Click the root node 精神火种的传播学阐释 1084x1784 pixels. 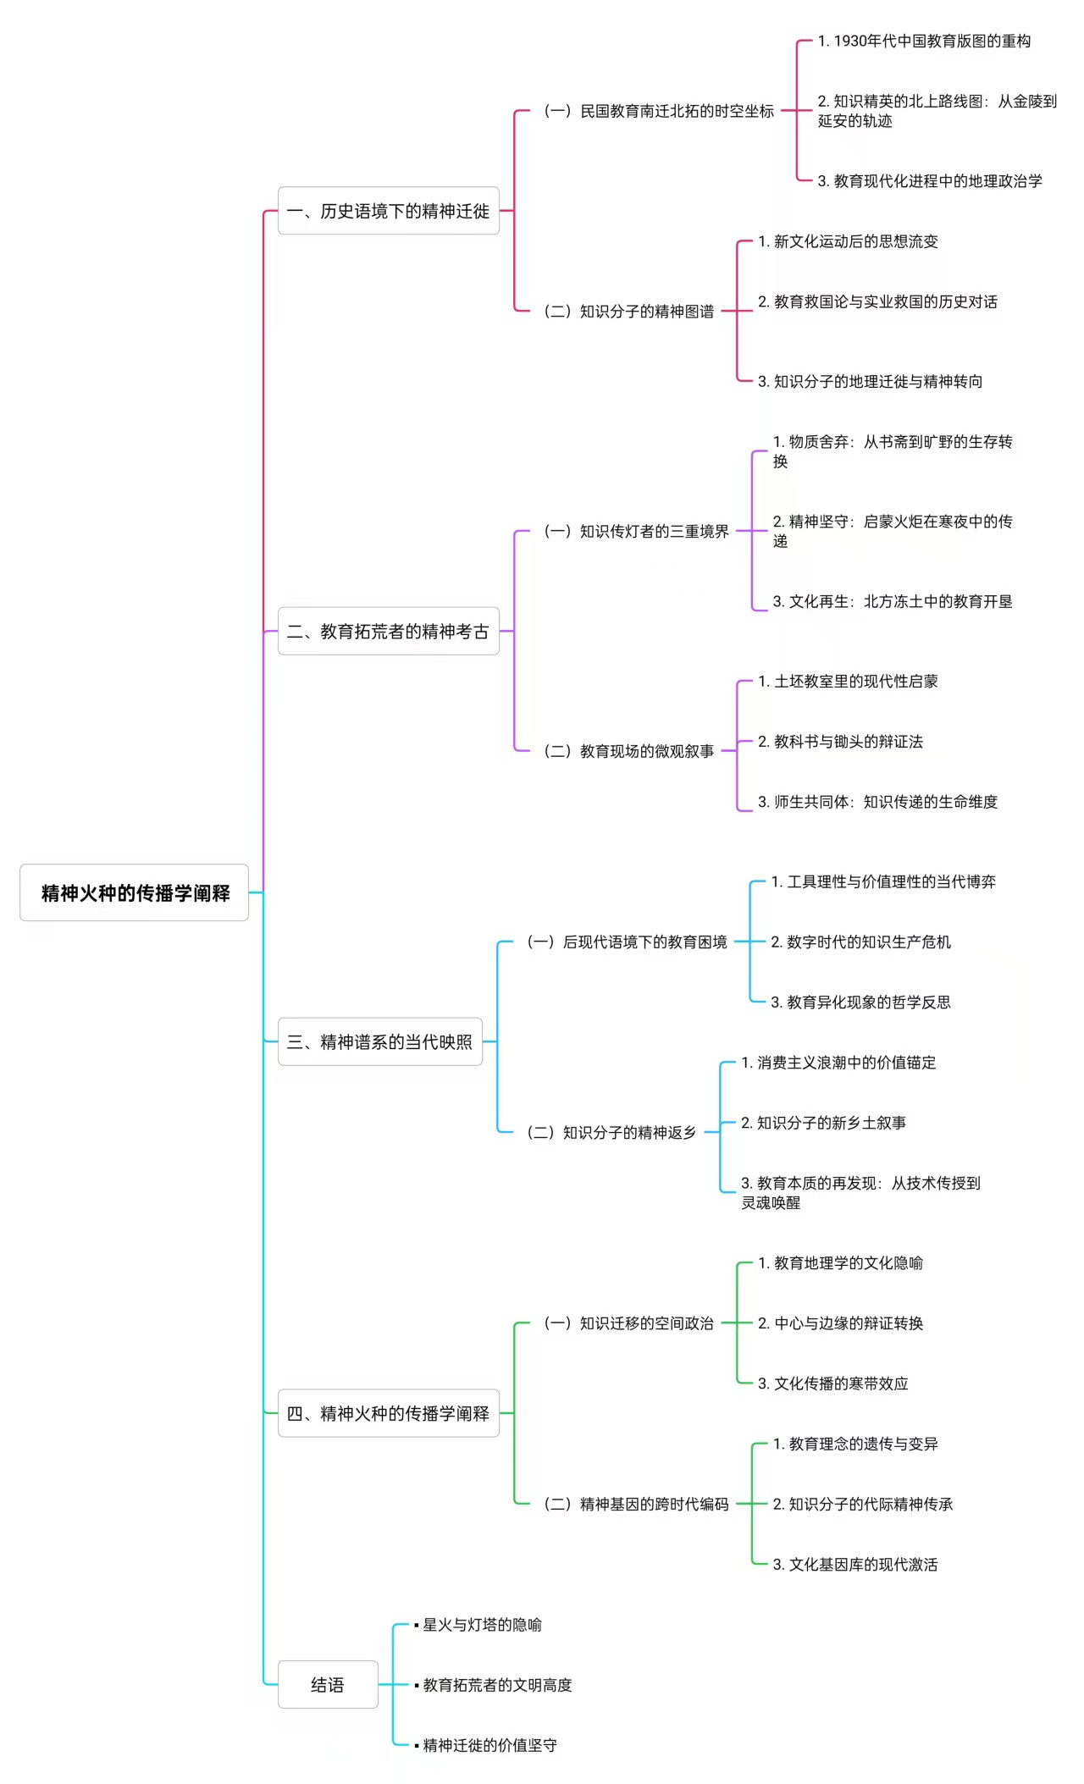coord(134,892)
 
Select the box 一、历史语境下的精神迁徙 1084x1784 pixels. coord(389,211)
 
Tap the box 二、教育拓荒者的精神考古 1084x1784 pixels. coord(389,631)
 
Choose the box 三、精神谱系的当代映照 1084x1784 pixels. coord(380,1041)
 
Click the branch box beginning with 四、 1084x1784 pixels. coord(389,1413)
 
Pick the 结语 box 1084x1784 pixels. coord(328,1685)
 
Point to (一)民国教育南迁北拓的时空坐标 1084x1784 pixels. coord(658,111)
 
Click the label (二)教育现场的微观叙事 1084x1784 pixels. coord(628,751)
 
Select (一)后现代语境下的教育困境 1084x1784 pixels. coord(627,942)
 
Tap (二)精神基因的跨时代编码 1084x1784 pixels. coord(636,1504)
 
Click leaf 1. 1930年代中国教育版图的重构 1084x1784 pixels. coord(924,41)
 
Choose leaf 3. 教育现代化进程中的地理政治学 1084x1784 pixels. coord(930,180)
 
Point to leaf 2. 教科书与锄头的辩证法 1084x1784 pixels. coord(840,742)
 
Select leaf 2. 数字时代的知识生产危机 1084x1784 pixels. coord(860,942)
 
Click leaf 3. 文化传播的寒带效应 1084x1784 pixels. coord(832,1384)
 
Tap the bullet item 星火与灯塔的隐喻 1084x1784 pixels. coord(478,1625)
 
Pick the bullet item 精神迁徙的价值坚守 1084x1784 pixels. coord(486,1745)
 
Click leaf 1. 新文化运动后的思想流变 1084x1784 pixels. coord(848,241)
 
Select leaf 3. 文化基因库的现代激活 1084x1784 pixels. coord(855,1564)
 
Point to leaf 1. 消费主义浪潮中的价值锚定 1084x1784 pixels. coord(838,1063)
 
